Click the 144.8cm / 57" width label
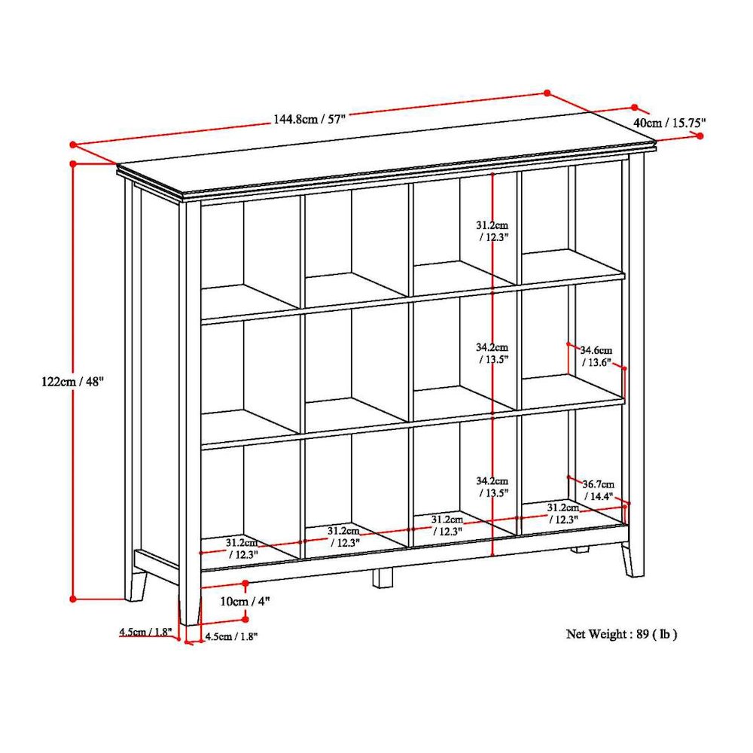coord(309,119)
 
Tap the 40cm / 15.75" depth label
coord(669,123)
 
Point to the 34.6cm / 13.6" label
coord(596,356)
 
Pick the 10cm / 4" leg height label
coord(245,601)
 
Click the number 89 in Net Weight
coord(642,634)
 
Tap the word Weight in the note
coord(610,634)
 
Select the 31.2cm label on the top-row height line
coord(492,230)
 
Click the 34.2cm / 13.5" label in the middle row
coord(492,353)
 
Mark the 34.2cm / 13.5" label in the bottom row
coord(492,486)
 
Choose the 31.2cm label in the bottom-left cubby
coord(242,547)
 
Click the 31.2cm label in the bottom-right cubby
coord(562,514)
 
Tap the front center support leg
coord(383,577)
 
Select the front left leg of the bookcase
coord(189,607)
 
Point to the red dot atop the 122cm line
coord(73,163)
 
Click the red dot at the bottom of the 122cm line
coord(73,599)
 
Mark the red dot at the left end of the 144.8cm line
coord(73,144)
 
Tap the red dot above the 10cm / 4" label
coord(245,583)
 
